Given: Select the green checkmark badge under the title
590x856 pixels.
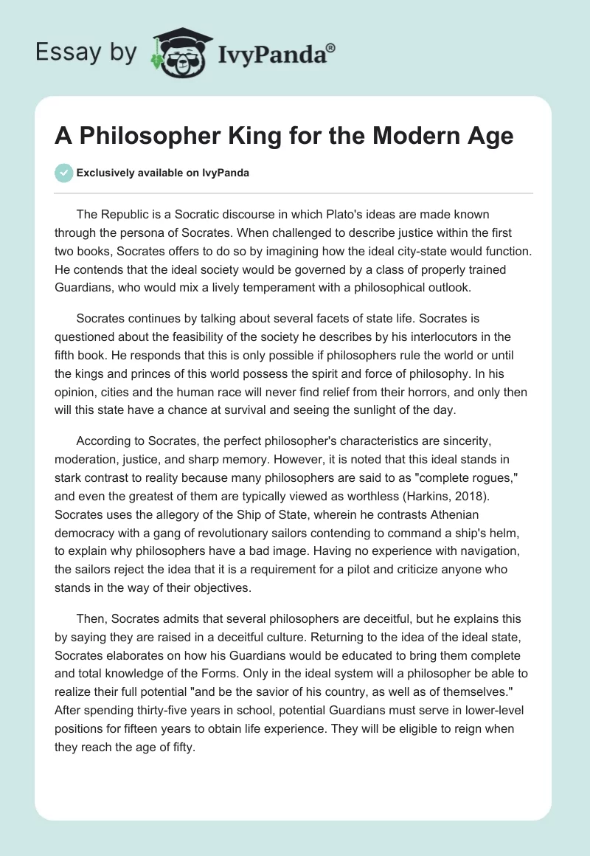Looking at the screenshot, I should tap(63, 173).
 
